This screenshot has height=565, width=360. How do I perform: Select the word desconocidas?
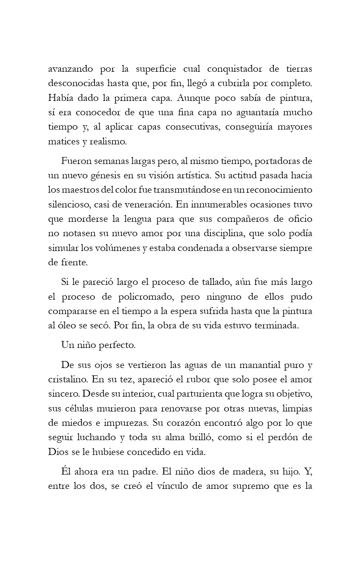coord(74,83)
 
